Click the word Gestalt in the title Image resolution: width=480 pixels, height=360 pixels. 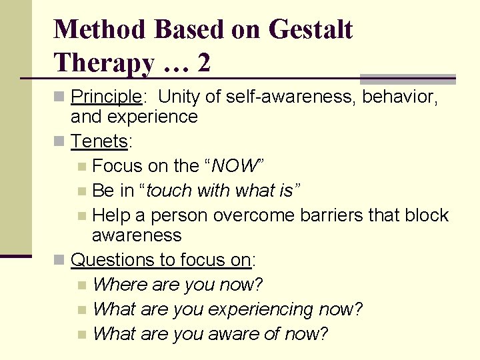[x=310, y=30]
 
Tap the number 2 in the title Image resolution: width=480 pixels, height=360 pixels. [x=203, y=63]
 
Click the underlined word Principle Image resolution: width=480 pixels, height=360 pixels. [x=105, y=97]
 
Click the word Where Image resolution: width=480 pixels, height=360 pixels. [x=120, y=285]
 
